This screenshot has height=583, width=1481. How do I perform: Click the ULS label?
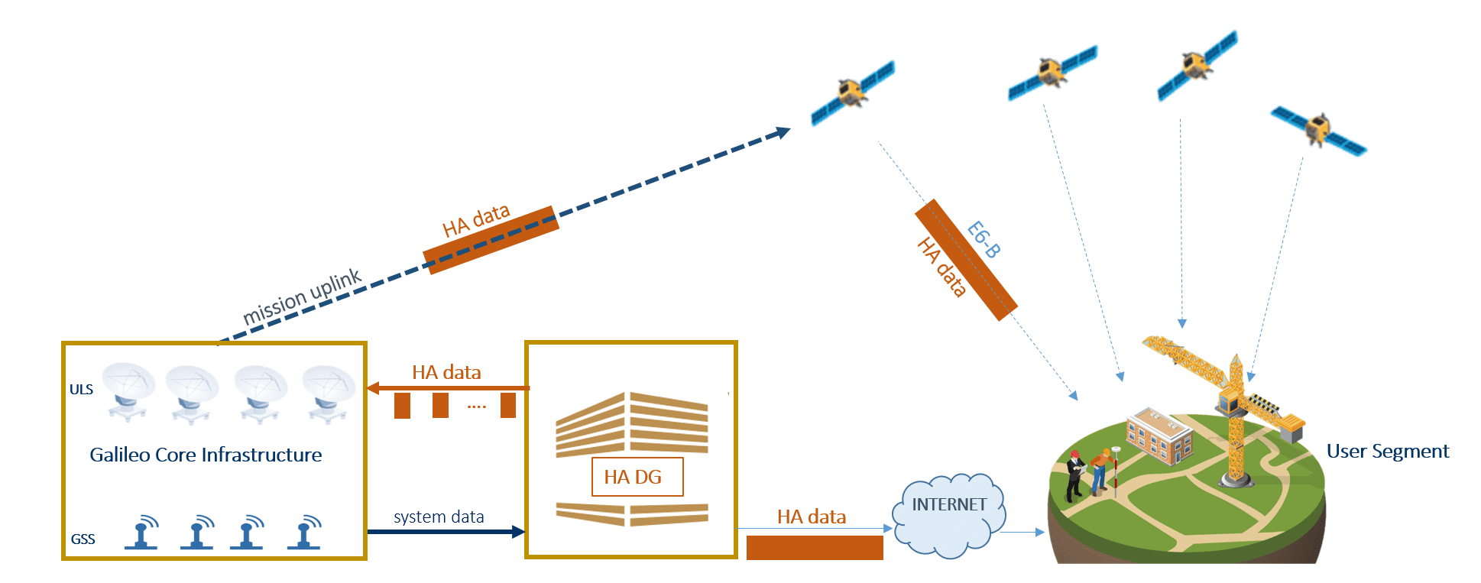[x=81, y=390]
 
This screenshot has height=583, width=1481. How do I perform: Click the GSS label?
[x=83, y=539]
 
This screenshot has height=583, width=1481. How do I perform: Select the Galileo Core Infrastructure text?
[x=206, y=455]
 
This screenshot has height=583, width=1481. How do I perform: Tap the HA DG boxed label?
[x=637, y=477]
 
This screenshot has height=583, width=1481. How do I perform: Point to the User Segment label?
[x=1387, y=452]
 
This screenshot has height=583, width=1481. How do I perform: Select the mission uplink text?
[x=301, y=296]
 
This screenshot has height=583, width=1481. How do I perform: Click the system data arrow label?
[x=439, y=517]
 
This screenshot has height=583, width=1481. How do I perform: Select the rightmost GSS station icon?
[x=305, y=533]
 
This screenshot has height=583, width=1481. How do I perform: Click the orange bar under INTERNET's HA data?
[x=814, y=548]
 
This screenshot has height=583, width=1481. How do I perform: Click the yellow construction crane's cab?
[x=1229, y=400]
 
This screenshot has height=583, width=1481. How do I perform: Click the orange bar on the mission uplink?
[x=491, y=240]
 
